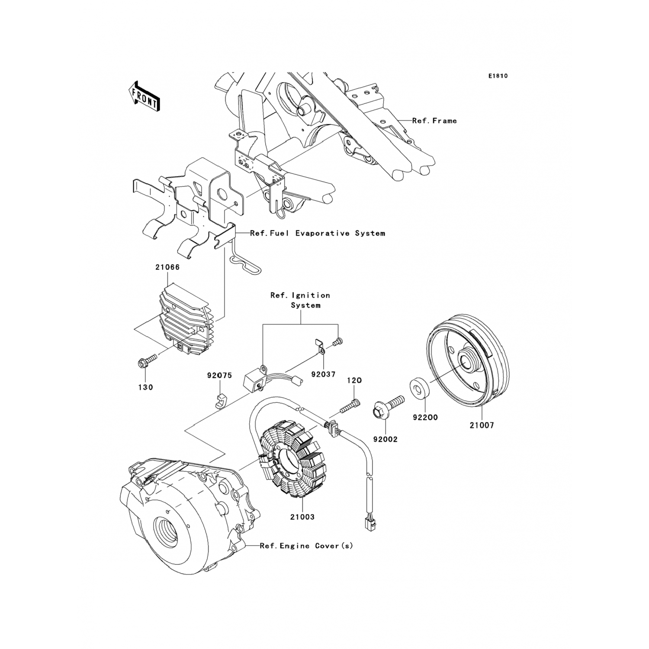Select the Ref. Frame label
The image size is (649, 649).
point(434,121)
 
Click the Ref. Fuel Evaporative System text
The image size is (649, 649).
point(317,233)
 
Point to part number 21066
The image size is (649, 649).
point(167,267)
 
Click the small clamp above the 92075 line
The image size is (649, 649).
point(220,401)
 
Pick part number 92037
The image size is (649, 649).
point(323,374)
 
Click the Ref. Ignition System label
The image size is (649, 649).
point(300,300)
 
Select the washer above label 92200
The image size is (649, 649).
point(418,388)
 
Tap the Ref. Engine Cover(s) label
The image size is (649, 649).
point(306,546)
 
